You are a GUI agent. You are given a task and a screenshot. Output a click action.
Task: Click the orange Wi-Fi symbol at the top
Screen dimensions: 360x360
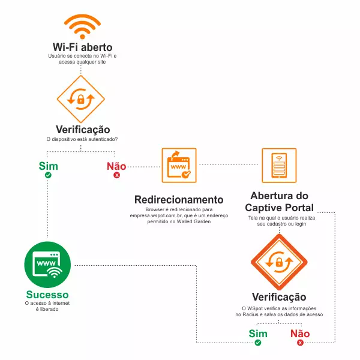82,26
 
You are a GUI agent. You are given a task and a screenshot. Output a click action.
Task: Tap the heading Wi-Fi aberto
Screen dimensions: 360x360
83,47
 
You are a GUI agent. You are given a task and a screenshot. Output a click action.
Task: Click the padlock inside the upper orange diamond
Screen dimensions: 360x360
81,100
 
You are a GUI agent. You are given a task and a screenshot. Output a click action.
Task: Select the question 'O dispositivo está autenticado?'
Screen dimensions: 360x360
82,139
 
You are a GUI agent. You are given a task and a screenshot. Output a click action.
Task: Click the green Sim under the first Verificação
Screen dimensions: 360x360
48,166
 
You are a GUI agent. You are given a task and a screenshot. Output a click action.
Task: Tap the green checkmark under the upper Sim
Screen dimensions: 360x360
48,175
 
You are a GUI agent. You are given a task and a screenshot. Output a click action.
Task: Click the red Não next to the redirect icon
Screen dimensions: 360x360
116,166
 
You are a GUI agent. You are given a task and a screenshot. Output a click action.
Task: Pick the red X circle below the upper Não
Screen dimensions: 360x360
116,175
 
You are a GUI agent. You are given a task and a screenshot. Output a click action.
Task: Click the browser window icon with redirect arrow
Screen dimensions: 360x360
179,166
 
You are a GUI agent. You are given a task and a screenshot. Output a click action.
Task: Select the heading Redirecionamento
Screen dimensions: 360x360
179,200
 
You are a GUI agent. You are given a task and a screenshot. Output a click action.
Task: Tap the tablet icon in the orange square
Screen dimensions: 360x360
279,166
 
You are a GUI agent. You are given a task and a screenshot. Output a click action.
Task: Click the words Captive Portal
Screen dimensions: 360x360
279,208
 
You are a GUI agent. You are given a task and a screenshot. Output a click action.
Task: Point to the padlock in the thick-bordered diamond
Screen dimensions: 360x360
279,262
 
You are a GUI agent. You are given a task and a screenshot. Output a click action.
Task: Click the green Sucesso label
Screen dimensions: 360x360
47,295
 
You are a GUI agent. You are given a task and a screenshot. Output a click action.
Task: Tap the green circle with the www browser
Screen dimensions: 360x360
47,265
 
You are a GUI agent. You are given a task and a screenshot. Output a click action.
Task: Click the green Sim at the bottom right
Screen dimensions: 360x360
258,334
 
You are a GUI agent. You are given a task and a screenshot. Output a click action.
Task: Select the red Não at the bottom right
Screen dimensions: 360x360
300,334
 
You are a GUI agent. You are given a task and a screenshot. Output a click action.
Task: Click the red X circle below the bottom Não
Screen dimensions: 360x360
300,343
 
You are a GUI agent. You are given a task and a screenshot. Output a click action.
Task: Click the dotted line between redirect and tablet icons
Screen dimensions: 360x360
229,164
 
